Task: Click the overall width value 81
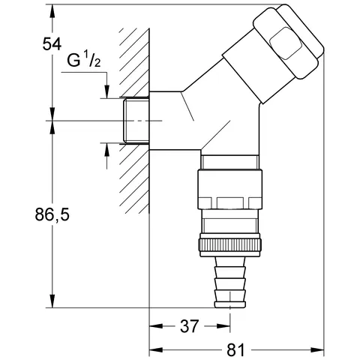[x=236, y=349]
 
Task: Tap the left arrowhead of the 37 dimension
[x=155, y=326]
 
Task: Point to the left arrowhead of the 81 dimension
[x=155, y=350]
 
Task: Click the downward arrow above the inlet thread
[x=106, y=91]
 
